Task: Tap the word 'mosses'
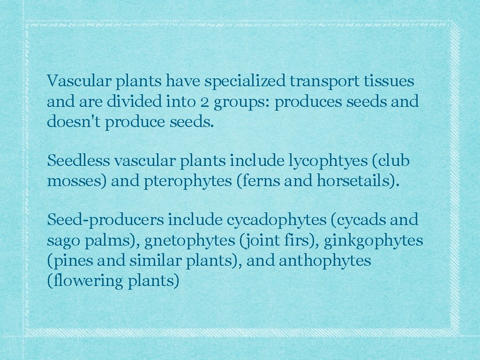pyautogui.click(x=76, y=181)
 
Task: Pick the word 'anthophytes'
pyautogui.click(x=325, y=261)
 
